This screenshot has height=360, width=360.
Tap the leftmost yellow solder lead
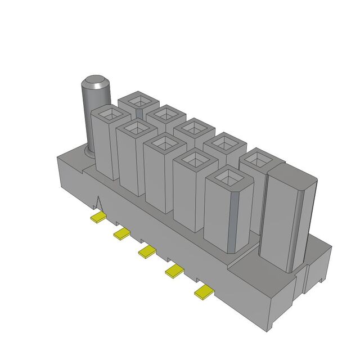[x=99, y=217]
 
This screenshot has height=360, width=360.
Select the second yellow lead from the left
[x=122, y=233]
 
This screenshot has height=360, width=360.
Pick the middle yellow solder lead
[x=147, y=251]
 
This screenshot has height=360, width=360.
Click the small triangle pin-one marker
[x=100, y=203]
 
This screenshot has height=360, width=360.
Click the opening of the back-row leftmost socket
[x=137, y=101]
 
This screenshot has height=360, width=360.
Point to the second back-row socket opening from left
[x=165, y=115]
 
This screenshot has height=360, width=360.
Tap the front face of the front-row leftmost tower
[x=105, y=149]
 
